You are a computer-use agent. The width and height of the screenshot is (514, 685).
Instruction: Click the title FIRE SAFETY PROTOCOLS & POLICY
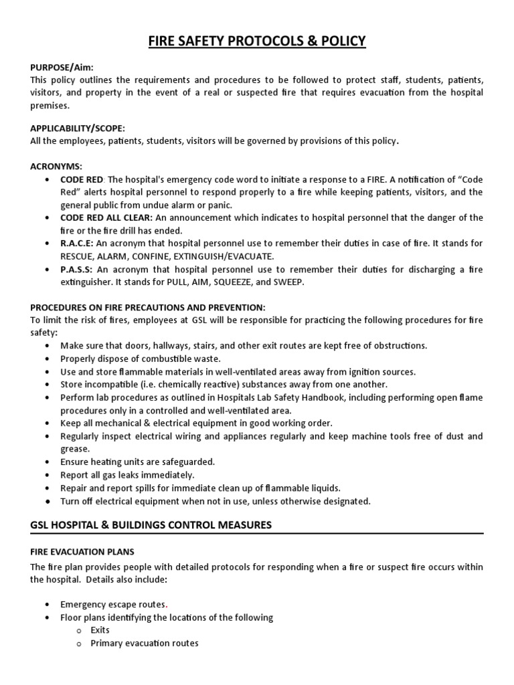(x=257, y=41)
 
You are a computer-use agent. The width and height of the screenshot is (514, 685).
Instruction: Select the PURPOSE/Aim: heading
(x=62, y=68)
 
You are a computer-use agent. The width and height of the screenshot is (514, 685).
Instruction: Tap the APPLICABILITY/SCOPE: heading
(x=78, y=127)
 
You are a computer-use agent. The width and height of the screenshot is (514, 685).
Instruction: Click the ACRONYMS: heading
(x=58, y=166)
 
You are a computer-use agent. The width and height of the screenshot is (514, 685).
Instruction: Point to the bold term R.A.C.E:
(x=77, y=243)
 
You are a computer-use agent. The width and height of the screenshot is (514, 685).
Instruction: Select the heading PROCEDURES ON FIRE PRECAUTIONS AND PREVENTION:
(x=148, y=307)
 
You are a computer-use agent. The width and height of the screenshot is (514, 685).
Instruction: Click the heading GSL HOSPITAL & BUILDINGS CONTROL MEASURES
(x=151, y=525)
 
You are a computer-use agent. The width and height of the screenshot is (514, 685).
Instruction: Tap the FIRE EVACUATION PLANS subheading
(x=82, y=552)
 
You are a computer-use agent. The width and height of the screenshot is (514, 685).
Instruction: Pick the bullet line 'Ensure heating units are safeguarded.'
(x=137, y=462)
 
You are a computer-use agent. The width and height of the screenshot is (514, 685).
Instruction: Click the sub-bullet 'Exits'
(x=100, y=630)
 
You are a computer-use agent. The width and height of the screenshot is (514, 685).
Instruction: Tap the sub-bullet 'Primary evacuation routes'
(x=144, y=644)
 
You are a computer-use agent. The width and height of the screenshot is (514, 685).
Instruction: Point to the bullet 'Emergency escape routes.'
(x=114, y=604)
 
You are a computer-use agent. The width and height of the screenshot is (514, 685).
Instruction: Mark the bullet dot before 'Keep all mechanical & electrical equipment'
(x=46, y=423)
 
